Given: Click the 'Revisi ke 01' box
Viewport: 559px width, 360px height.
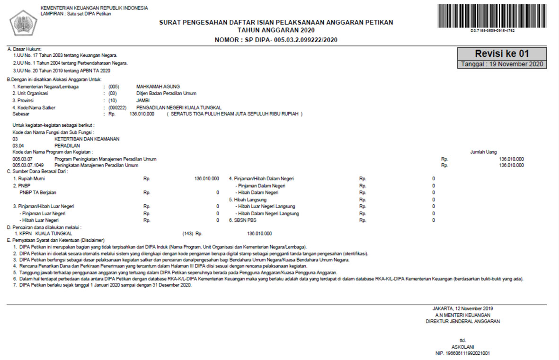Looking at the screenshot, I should pos(502,53).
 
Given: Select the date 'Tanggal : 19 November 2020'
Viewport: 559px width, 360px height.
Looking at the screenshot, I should pos(502,64).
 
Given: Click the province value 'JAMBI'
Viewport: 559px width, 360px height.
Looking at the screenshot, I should pos(142,101).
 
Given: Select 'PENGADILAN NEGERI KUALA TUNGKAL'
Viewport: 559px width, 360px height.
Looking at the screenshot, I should pos(178,107).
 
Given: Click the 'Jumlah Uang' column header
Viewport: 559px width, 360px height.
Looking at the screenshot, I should pos(483,152).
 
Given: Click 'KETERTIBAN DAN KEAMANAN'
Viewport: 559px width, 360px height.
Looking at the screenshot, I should pos(87,139).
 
